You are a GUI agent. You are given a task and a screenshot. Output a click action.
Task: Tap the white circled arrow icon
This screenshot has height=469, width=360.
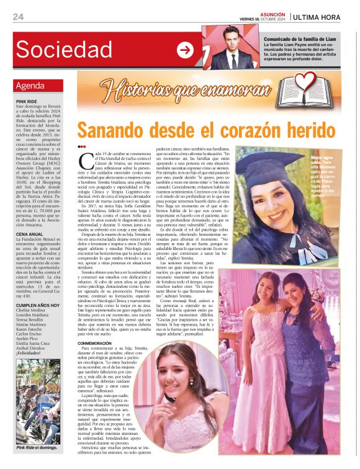pyautogui.click(x=185, y=50)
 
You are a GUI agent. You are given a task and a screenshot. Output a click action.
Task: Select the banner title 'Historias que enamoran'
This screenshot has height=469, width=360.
pyautogui.click(x=186, y=90)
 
